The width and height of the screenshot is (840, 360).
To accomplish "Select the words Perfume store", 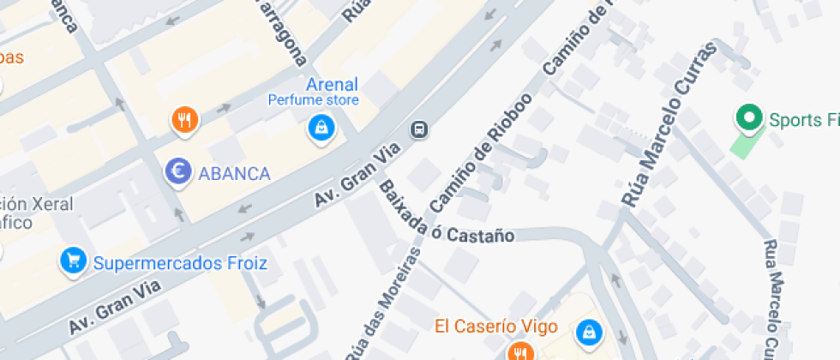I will click(x=313, y=100).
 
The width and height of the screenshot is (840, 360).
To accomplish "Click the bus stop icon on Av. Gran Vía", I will click(x=420, y=129).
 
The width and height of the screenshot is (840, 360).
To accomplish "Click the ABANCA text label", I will click(x=234, y=174).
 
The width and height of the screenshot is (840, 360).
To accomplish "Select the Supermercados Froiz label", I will click(x=180, y=262).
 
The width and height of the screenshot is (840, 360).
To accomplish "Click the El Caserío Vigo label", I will click(x=496, y=327).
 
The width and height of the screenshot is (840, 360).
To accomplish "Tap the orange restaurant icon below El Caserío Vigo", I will click(x=519, y=351).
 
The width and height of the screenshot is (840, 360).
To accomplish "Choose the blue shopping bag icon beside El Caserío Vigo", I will click(x=589, y=331).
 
